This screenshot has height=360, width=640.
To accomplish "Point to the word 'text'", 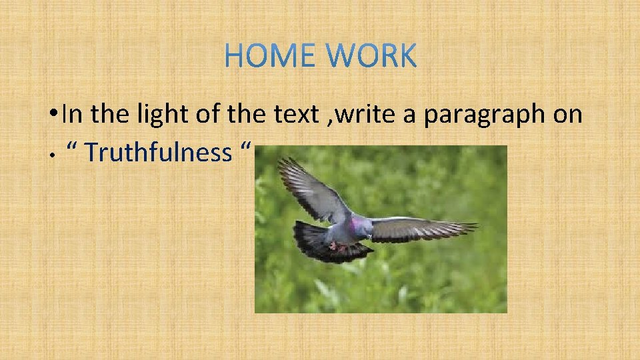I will click(296, 115).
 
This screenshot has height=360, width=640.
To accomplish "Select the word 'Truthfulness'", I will click(158, 153).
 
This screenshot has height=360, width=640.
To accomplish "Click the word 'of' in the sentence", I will click(207, 115).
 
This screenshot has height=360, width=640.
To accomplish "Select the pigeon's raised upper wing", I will click(310, 190).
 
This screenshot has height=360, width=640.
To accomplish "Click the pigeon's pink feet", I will click(337, 247).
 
